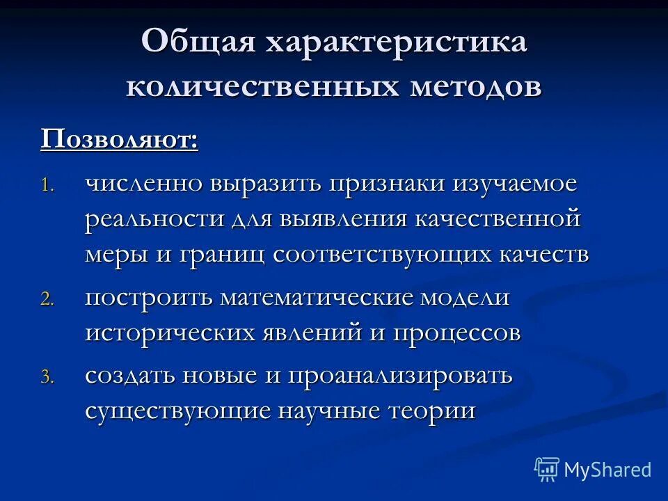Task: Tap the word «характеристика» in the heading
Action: coord(394,43)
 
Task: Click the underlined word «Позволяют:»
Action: coord(119,138)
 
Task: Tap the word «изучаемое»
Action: coord(516,184)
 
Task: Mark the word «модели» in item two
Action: coord(472,298)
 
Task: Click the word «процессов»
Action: coord(456,333)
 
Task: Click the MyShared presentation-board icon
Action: coord(546,470)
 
